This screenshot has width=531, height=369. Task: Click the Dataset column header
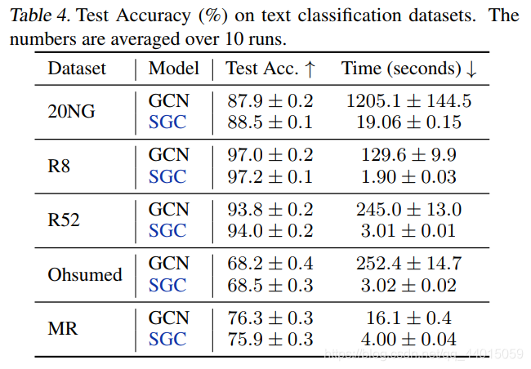coord(77,69)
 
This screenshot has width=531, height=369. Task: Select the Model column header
coord(173,69)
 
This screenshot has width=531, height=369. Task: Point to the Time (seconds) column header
coord(408,69)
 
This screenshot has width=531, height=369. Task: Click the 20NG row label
coord(71,112)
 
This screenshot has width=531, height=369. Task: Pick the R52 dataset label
coord(64,220)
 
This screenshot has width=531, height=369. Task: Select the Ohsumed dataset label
coord(85,274)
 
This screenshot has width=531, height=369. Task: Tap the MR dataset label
coord(62,328)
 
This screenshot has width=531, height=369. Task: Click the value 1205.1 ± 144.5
coord(408,100)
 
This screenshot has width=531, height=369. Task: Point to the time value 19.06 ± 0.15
coord(408,122)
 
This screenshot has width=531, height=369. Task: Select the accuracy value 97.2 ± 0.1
coord(270,176)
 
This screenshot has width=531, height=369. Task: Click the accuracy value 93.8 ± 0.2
coord(270,209)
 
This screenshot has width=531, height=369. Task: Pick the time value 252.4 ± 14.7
coord(408,263)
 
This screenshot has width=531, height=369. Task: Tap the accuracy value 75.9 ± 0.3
coord(270,339)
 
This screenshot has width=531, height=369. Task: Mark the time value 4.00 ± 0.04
coord(408,339)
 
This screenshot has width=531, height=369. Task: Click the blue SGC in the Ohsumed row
coord(167,285)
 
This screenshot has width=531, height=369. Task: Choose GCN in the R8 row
coord(168,155)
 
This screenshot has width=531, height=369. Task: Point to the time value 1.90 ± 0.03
coord(408,176)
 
